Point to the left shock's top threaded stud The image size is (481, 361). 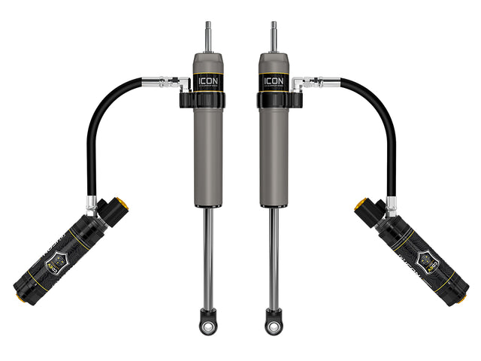(207, 36)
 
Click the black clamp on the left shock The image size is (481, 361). (189, 99)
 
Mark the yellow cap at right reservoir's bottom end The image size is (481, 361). (462, 296)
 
